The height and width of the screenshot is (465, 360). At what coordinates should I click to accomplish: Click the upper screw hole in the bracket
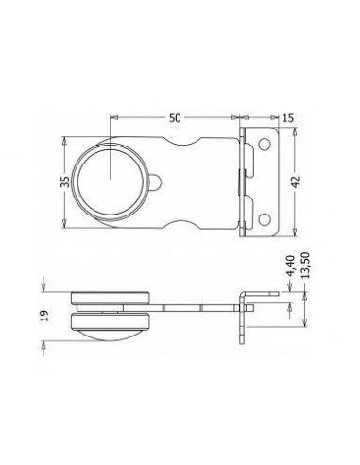(265, 144)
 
